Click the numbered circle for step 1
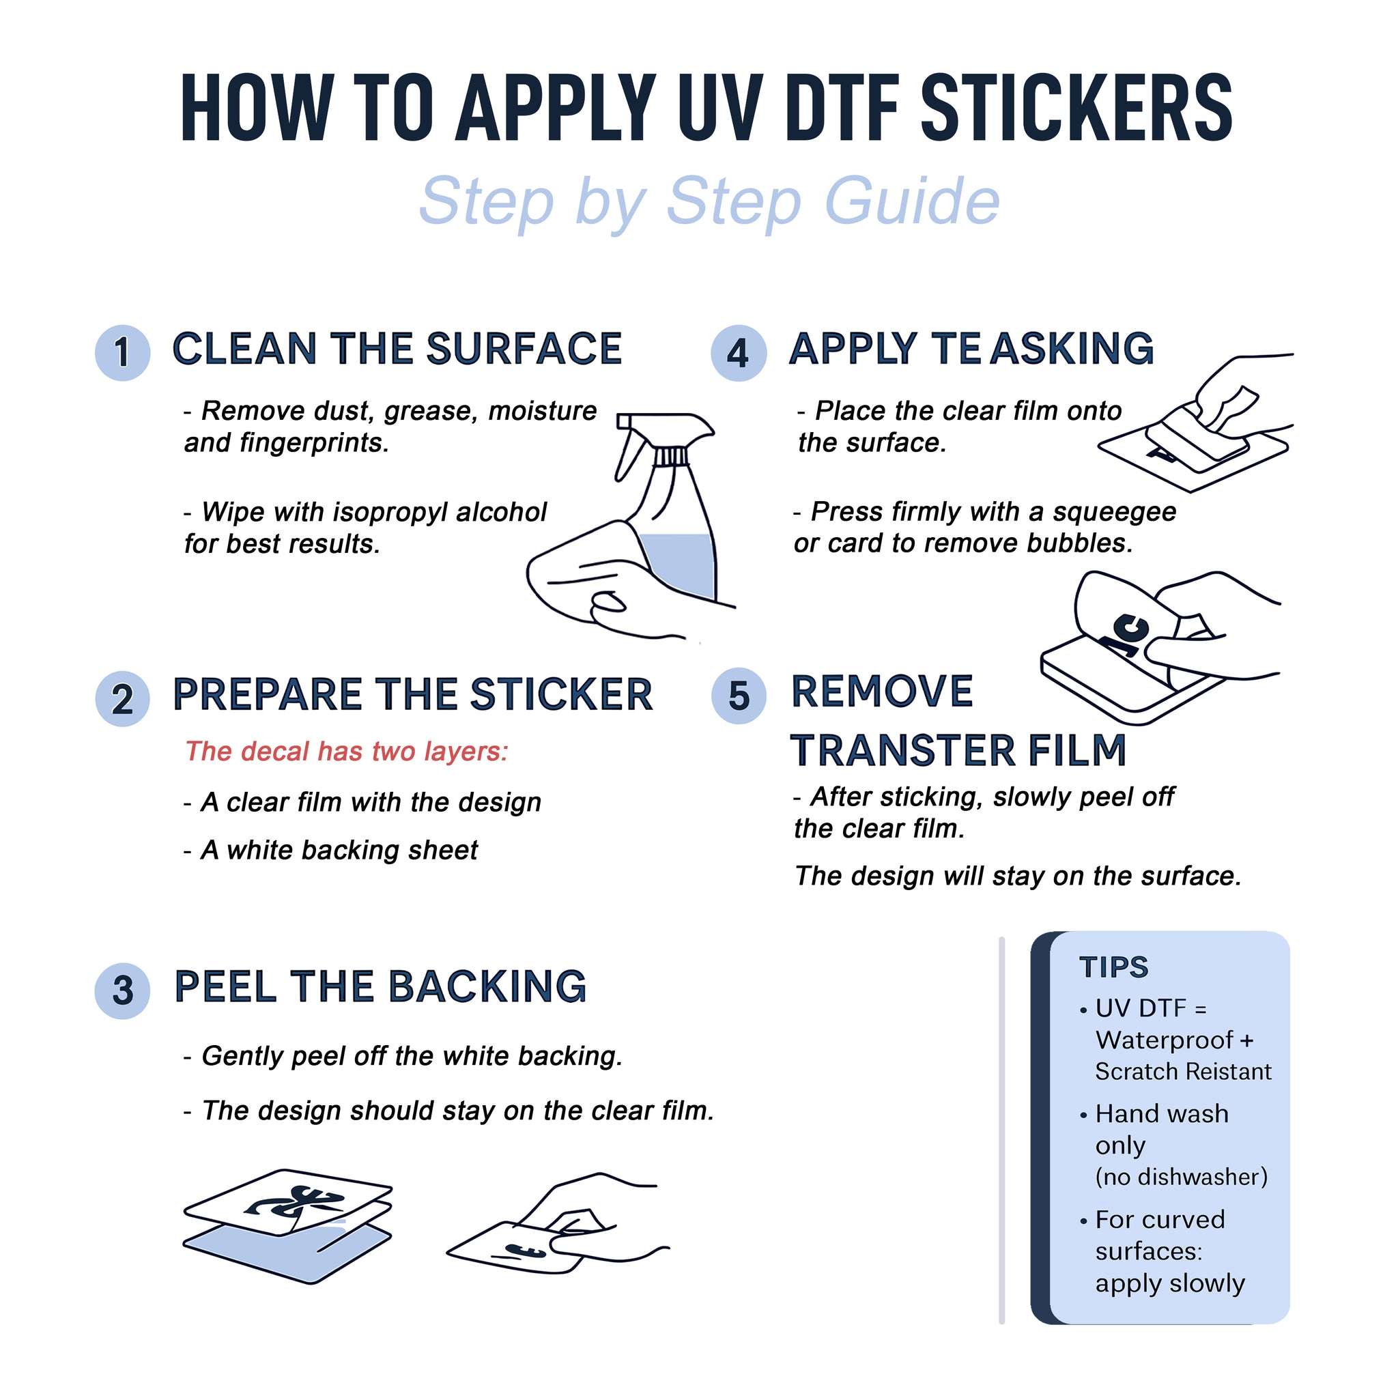click(x=122, y=352)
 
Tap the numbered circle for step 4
click(x=738, y=352)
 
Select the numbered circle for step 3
click(x=122, y=990)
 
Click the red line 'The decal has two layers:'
click(x=347, y=751)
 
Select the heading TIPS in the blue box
click(x=1113, y=967)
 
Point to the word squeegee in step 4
click(x=1113, y=511)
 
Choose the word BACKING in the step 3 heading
click(x=487, y=986)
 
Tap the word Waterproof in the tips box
click(x=1164, y=1040)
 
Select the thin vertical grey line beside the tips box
click(x=1001, y=1129)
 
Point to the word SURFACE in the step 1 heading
click(x=524, y=349)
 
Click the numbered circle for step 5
click(x=738, y=696)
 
